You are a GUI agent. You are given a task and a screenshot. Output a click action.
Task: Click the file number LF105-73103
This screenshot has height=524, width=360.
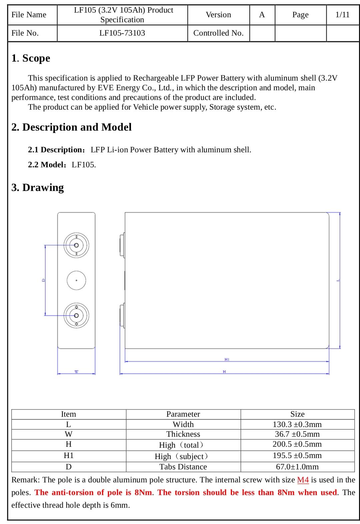tap(122, 33)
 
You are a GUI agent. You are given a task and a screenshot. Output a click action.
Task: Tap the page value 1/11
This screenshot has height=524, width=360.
tap(342, 15)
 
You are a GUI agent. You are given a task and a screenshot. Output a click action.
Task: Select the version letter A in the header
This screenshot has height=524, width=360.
tap(262, 15)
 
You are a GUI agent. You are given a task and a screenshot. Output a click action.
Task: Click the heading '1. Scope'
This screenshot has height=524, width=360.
tap(31, 58)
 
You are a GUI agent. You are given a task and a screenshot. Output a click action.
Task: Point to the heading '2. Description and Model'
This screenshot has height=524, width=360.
tap(71, 127)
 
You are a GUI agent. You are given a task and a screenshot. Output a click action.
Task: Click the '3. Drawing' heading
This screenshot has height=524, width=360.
tap(37, 187)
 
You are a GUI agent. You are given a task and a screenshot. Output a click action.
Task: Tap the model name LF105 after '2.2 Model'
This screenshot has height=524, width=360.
tap(84, 165)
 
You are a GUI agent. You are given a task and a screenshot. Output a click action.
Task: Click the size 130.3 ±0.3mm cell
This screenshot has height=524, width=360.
tap(297, 424)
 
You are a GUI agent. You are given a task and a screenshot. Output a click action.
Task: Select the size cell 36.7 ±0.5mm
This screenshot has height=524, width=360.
tap(297, 434)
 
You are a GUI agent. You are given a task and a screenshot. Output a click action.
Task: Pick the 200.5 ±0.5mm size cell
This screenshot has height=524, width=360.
tap(297, 444)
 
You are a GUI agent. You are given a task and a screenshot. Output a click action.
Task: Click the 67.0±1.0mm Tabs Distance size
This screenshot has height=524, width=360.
tap(297, 467)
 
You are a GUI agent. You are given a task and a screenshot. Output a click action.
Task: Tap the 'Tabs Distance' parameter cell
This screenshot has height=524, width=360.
tap(183, 467)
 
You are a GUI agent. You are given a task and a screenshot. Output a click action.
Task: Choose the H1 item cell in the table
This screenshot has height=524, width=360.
tap(69, 456)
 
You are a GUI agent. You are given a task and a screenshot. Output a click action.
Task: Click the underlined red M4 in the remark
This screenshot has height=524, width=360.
tap(303, 480)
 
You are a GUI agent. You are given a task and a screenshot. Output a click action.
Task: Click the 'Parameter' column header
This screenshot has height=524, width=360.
tap(183, 414)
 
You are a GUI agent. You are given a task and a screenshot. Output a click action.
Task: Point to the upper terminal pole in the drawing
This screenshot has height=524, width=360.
tap(76, 245)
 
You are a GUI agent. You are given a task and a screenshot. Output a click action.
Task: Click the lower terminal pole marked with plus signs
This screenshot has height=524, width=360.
tap(76, 315)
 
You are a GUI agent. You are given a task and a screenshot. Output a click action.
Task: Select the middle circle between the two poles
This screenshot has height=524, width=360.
tap(76, 280)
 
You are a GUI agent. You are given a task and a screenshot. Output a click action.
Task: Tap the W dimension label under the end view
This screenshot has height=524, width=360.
tap(76, 371)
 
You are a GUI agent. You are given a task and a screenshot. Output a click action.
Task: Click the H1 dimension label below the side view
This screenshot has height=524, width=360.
tap(227, 359)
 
